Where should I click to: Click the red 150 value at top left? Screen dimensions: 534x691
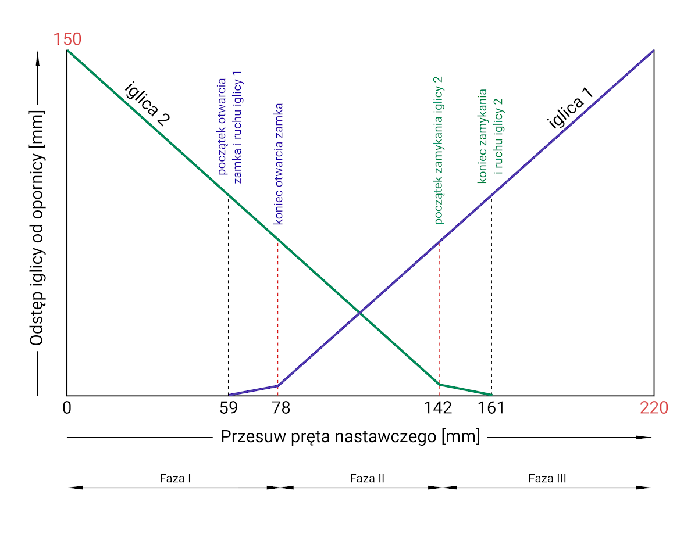coord(67,40)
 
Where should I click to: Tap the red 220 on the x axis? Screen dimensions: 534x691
coord(654,408)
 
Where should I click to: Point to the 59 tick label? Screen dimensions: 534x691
coord(229,408)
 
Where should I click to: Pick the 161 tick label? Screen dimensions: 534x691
coord(491,408)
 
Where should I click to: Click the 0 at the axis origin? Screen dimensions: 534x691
coord(67,408)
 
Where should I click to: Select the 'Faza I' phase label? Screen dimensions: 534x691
coord(176,479)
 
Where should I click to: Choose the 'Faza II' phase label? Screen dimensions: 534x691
coord(367,479)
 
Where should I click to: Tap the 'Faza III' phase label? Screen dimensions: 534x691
coord(547,479)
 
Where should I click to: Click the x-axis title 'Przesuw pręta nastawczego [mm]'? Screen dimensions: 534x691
coord(350,437)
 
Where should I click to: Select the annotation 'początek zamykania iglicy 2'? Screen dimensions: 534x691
coord(439,150)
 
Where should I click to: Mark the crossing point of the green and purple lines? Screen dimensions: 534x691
coord(359,313)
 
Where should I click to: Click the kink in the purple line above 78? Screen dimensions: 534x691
coord(278,385)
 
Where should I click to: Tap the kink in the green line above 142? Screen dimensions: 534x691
coord(440,384)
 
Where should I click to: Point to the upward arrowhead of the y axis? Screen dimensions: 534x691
coord(38,56)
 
